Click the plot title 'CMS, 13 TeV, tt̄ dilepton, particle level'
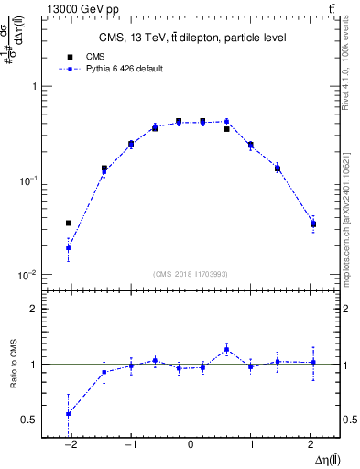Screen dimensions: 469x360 (x=192, y=38)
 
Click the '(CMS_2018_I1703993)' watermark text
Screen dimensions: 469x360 (x=191, y=273)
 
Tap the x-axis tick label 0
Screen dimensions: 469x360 (x=191, y=445)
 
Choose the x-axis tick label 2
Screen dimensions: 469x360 (x=311, y=445)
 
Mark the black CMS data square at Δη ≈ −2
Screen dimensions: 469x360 (x=69, y=223)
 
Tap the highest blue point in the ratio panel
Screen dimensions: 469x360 (x=226, y=349)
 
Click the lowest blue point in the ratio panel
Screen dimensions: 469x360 (x=69, y=413)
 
